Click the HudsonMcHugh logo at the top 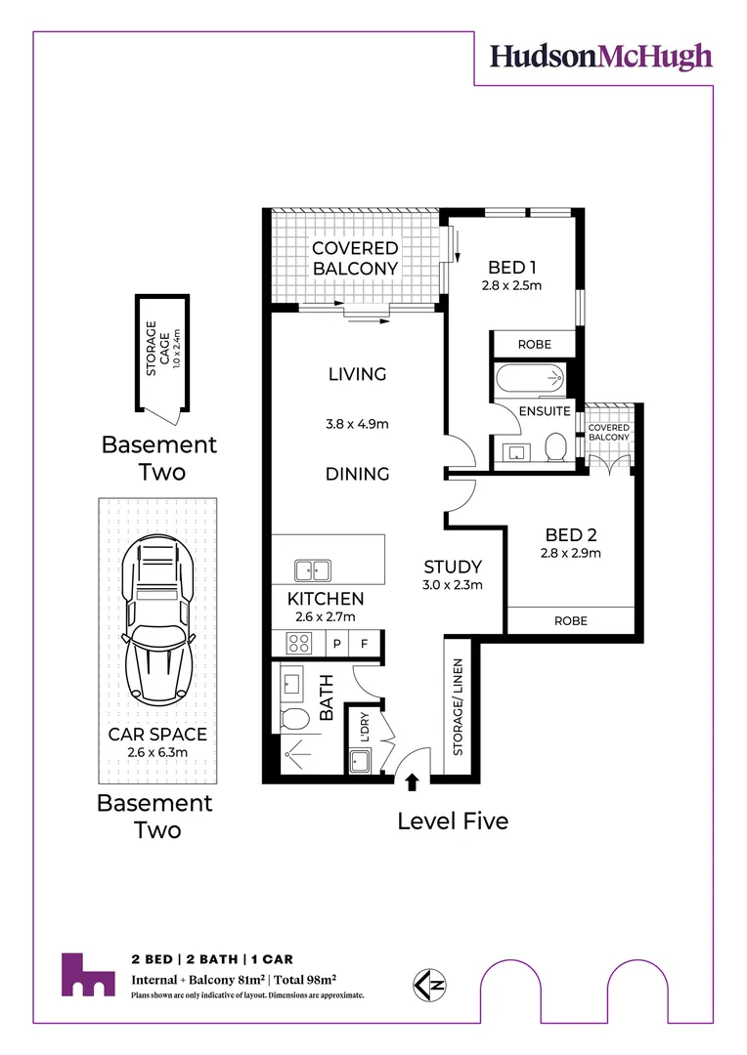click(x=600, y=56)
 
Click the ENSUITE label click(x=545, y=411)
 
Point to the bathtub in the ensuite click(x=529, y=377)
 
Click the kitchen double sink click(x=314, y=570)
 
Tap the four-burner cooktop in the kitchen click(x=297, y=643)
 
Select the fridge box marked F click(x=364, y=644)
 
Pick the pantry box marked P click(x=336, y=644)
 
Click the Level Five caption click(x=453, y=822)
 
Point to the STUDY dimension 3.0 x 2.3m click(x=452, y=585)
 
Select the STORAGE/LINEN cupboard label click(x=458, y=707)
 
